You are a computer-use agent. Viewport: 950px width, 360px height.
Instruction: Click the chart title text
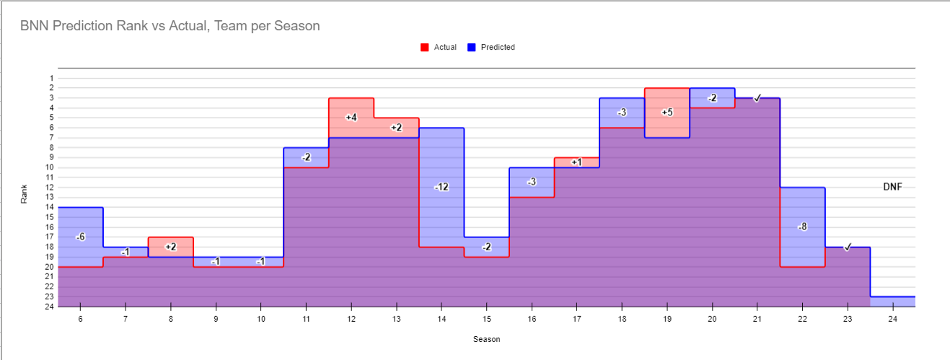tap(170, 26)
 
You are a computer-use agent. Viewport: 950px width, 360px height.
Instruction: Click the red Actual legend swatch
tap(424, 48)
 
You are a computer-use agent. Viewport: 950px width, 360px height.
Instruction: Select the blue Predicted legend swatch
tap(471, 48)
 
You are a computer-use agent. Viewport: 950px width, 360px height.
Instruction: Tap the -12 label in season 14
tap(441, 187)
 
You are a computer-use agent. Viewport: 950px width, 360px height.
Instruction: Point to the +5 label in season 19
tap(667, 112)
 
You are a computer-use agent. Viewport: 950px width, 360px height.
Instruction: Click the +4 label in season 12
tap(351, 117)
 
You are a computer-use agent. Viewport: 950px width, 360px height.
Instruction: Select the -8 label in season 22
tap(802, 227)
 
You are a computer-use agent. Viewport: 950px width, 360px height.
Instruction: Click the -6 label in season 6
tap(80, 237)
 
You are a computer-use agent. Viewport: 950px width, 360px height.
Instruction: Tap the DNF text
tap(892, 187)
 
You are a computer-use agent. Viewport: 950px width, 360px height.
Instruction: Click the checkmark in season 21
tap(757, 97)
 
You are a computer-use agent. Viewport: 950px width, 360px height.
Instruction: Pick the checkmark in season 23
tap(848, 247)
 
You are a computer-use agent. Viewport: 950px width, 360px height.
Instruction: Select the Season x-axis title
tap(486, 339)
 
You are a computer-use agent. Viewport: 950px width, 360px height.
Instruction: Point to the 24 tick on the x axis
tap(892, 318)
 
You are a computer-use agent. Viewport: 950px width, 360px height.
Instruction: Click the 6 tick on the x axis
tap(80, 318)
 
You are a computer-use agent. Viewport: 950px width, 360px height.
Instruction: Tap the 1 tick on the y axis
tap(51, 78)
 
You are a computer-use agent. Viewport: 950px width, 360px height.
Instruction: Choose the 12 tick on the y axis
tap(50, 188)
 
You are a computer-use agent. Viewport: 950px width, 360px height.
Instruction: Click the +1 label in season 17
tap(576, 162)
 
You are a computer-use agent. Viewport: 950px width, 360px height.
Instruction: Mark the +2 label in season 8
tap(170, 247)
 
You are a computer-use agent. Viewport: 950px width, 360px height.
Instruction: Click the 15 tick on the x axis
tap(486, 318)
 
